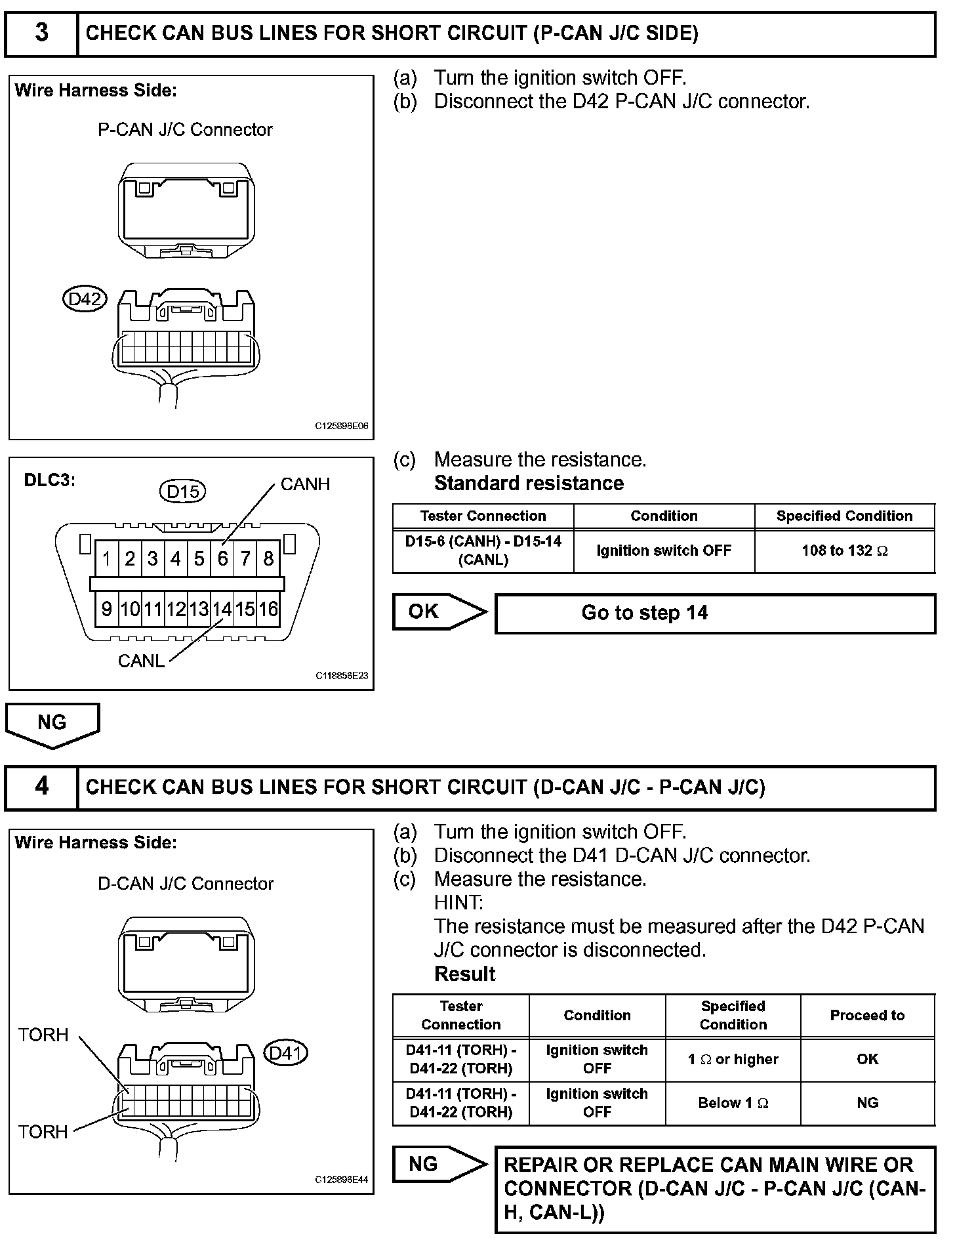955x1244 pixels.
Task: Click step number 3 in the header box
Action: (x=41, y=33)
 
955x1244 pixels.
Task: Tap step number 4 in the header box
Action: (x=41, y=786)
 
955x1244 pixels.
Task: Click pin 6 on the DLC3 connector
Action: (x=222, y=558)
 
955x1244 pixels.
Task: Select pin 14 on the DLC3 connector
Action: (x=222, y=609)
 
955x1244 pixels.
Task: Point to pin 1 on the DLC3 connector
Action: (x=106, y=558)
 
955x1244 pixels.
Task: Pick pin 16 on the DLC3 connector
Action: (x=268, y=609)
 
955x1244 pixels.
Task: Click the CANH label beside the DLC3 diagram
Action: (x=305, y=484)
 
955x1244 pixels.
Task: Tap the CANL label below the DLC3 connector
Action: (x=141, y=661)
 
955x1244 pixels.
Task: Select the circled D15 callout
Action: (x=182, y=491)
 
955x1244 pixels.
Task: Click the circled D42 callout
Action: (x=85, y=299)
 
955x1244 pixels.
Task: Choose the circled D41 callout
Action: (x=285, y=1053)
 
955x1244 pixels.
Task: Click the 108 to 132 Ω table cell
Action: (x=844, y=550)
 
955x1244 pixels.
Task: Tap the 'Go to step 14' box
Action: (x=714, y=613)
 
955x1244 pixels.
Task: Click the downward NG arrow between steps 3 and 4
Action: (x=52, y=724)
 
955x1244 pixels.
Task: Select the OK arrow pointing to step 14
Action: (x=439, y=612)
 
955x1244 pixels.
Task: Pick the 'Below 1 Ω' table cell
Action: (x=733, y=1103)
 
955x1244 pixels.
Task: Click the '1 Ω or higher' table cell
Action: (x=733, y=1059)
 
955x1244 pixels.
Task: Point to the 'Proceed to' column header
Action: (x=867, y=1015)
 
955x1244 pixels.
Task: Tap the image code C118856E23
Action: (x=342, y=675)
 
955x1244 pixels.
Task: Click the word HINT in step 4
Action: (x=458, y=903)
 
